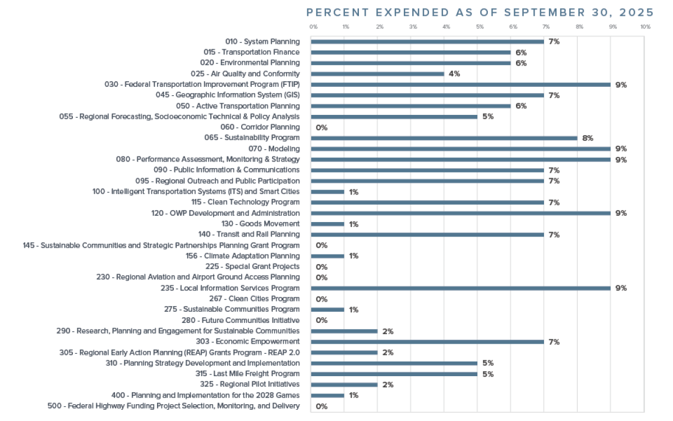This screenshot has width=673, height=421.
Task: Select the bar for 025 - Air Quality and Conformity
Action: [x=377, y=74]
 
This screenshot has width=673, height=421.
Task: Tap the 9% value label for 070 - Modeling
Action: [x=621, y=149]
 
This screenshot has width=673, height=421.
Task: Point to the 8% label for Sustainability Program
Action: [x=587, y=138]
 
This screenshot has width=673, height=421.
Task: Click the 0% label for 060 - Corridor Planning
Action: [x=321, y=128]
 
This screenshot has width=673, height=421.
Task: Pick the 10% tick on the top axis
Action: [x=645, y=27]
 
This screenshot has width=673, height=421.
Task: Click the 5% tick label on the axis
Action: [x=480, y=27]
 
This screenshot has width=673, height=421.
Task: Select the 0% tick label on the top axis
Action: [x=314, y=27]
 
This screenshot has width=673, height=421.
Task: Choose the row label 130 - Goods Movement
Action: [x=261, y=224]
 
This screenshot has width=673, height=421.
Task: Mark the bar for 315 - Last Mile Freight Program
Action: [x=394, y=374]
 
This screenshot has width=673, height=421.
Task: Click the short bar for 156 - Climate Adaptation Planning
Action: [x=328, y=256]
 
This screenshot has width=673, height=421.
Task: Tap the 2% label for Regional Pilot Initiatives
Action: [x=388, y=385]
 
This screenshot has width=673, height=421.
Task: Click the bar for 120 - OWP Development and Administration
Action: [x=460, y=214]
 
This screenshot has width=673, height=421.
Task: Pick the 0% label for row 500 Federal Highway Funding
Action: [x=321, y=406]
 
